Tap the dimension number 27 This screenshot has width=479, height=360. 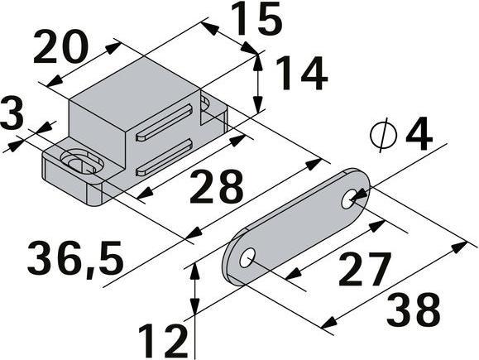coord(364,269)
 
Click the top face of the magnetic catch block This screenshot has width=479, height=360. coord(137,87)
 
